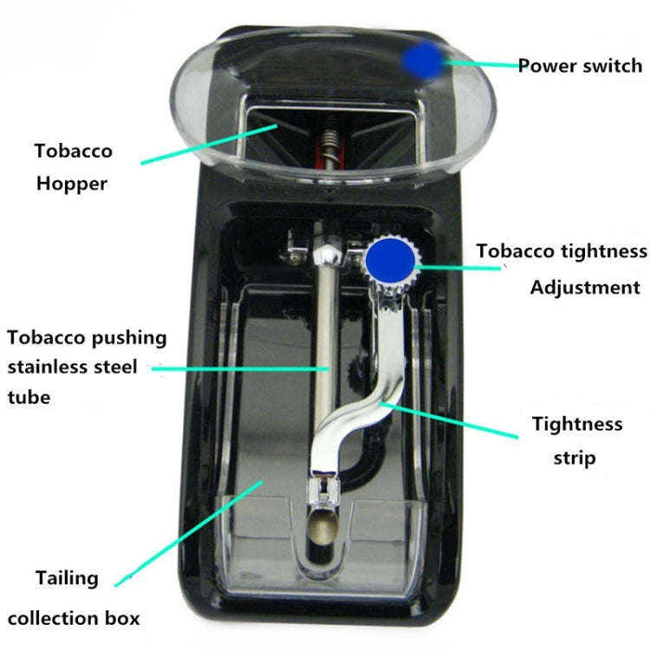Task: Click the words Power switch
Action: (x=580, y=66)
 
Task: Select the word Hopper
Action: (x=72, y=184)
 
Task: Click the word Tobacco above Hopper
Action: (x=74, y=151)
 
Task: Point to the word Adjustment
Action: (x=585, y=288)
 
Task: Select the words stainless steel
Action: (x=73, y=367)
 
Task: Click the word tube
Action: (x=29, y=397)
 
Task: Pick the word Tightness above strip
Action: (x=577, y=424)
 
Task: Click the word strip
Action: (x=575, y=457)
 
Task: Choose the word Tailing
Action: (x=68, y=577)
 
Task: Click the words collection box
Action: (x=74, y=618)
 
